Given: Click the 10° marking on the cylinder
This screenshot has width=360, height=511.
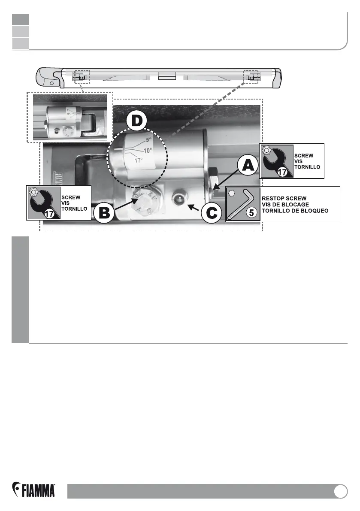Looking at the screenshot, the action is [x=148, y=151].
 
